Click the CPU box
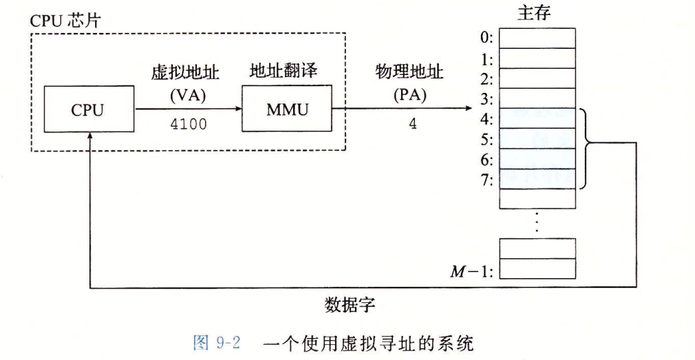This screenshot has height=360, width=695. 89,110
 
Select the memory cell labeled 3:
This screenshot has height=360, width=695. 537,98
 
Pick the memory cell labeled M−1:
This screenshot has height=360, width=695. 537,268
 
